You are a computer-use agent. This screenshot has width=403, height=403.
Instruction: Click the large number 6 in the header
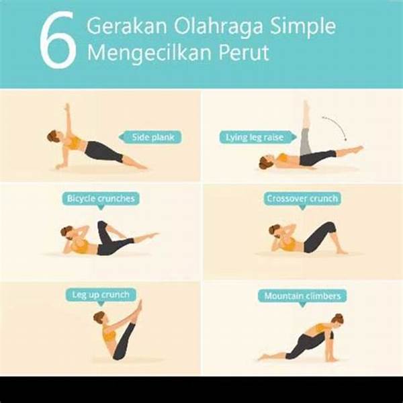(58, 40)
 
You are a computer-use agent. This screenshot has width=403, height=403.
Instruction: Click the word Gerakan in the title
(127, 26)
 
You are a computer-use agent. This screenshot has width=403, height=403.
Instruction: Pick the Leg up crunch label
(101, 296)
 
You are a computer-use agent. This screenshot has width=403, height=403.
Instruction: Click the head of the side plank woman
(55, 136)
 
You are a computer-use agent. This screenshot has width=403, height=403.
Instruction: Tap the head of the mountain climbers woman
(337, 321)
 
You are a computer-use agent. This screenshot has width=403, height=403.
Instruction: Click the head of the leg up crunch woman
(99, 318)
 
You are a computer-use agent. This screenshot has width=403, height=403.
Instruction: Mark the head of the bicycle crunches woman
(67, 232)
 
